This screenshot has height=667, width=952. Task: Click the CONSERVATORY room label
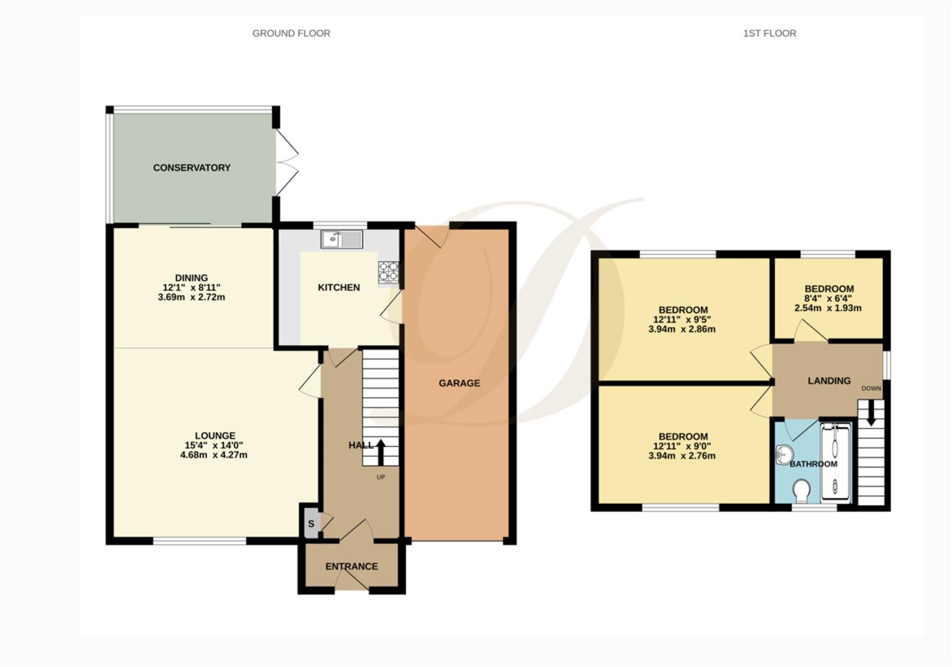pyautogui.click(x=191, y=167)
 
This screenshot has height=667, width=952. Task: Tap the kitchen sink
pyautogui.click(x=342, y=238)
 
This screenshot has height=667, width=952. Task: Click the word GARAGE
pyautogui.click(x=459, y=383)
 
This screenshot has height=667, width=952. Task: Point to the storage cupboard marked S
pyautogui.click(x=311, y=524)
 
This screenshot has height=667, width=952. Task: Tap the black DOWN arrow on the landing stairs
pyautogui.click(x=871, y=413)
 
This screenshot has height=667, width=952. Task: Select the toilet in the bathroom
pyautogui.click(x=802, y=492)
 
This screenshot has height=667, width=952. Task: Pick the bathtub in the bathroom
pyautogui.click(x=835, y=461)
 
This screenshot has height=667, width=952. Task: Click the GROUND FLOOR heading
pyautogui.click(x=291, y=33)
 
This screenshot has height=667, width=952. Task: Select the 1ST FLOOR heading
pyautogui.click(x=769, y=33)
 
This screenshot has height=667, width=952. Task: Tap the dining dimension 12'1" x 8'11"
pyautogui.click(x=191, y=287)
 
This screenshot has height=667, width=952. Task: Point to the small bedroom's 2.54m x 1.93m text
pyautogui.click(x=828, y=308)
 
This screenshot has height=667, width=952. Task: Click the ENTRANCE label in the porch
pyautogui.click(x=351, y=566)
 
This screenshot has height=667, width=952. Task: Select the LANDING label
pyautogui.click(x=829, y=380)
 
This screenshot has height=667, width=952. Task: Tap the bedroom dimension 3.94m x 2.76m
pyautogui.click(x=682, y=456)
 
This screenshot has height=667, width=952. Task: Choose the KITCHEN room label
pyautogui.click(x=339, y=287)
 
